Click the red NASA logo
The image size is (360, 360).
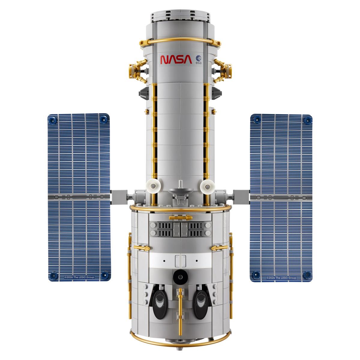176,59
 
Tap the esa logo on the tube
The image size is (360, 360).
198,60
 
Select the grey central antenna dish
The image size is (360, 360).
181,190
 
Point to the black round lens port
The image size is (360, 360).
180,277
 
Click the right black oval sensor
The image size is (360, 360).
200,302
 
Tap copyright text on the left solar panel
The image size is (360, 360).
79,277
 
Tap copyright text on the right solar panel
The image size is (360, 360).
281,278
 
